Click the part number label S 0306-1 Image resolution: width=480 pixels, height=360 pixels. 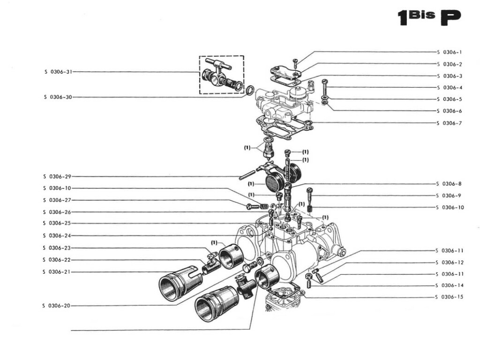tap(449, 52)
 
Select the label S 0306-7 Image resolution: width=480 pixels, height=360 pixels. tap(449, 123)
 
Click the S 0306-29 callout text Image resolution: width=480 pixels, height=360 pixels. tap(57, 177)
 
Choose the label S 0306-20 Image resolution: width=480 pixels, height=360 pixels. tap(57, 306)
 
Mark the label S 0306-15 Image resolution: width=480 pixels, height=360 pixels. tap(449, 297)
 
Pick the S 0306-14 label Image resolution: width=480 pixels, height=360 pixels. tap(449, 285)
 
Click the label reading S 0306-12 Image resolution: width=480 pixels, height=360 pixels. tap(449, 262)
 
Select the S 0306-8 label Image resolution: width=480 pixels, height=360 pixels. tap(449, 184)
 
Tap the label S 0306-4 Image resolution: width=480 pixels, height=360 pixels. tap(449, 88)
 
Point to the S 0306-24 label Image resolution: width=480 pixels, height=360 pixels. tap(57, 235)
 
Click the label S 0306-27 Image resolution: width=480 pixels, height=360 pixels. tap(57, 200)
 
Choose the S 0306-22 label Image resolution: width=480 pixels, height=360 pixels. tap(57, 260)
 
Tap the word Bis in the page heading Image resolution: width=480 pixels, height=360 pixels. tap(422, 14)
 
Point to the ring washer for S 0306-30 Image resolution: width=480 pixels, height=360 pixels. tap(251, 89)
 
